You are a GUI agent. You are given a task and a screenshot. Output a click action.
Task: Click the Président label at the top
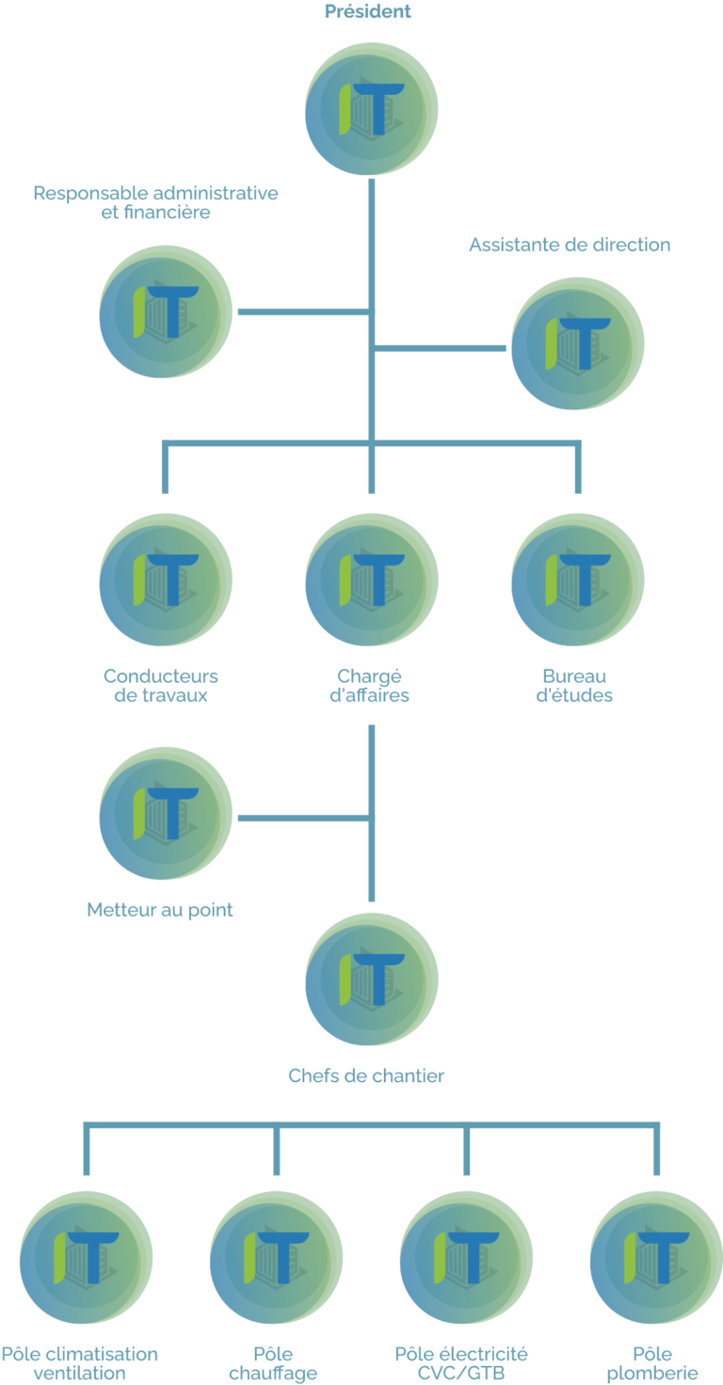point(368,12)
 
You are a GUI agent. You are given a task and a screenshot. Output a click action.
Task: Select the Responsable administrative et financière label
point(156,203)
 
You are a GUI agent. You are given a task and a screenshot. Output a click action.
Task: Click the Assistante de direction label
point(570,246)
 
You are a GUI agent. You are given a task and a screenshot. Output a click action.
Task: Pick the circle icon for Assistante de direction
point(578,345)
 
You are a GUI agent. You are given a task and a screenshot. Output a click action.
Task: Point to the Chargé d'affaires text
point(372,686)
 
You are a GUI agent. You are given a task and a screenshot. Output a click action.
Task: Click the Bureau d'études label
point(574,686)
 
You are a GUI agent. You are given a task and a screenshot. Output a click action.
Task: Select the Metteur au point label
point(160,910)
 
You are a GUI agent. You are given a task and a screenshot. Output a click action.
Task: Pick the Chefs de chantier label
point(366,1075)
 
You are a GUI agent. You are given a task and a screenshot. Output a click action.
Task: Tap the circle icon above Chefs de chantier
point(372,979)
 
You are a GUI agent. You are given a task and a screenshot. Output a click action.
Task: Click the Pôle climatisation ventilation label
point(79,1363)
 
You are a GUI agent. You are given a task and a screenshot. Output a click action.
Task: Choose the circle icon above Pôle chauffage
point(275,1258)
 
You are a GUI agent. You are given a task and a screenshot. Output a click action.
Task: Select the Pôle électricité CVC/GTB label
point(461,1363)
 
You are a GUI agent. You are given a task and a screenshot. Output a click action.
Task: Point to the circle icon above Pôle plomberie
point(655,1258)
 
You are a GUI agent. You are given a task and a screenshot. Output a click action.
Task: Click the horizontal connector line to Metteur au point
point(301,817)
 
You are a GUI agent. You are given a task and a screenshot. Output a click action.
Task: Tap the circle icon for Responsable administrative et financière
point(166,312)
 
